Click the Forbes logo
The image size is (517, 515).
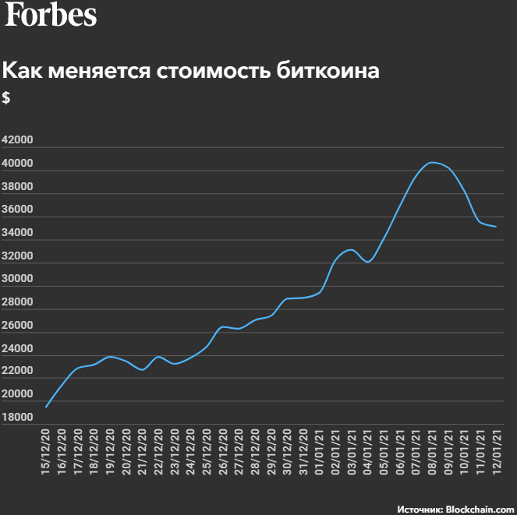pos(51,16)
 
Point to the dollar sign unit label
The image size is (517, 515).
pos(6,98)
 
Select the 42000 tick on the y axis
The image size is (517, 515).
pos(17,140)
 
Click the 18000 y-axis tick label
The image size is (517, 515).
pos(17,418)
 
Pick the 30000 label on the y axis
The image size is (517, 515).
pos(17,279)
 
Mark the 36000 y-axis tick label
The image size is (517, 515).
pos(17,210)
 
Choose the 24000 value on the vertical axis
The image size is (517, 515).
pos(17,348)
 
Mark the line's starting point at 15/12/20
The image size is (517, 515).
pos(46,407)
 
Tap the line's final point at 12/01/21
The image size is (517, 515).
pos(496,227)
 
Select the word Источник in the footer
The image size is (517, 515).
pos(420,508)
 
